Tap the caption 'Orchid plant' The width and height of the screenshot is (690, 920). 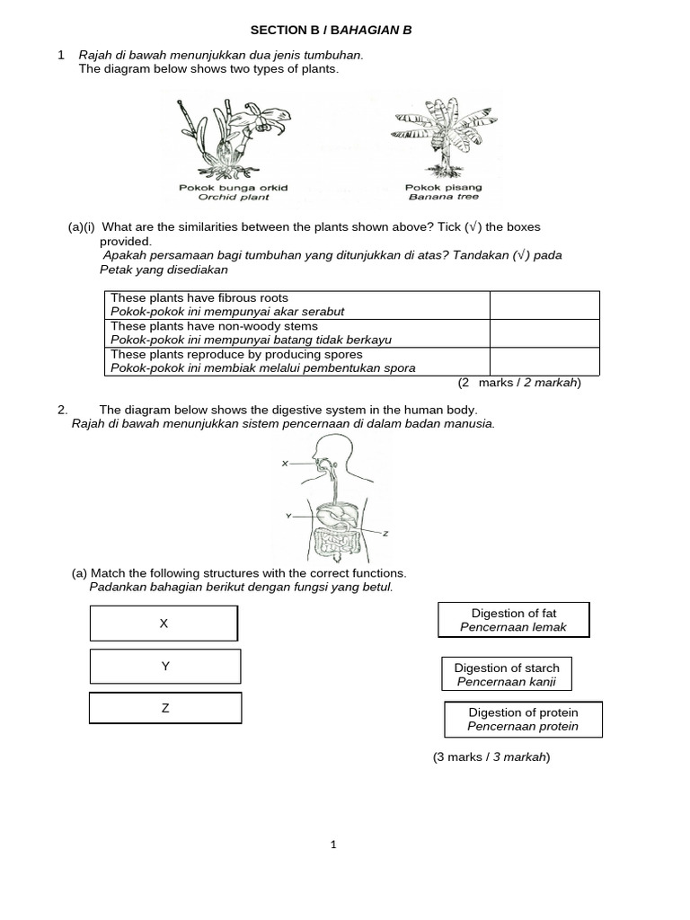233,197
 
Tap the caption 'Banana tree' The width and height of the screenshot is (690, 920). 444,197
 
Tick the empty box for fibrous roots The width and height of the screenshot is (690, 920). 544,305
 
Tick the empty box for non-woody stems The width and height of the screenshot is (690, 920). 544,332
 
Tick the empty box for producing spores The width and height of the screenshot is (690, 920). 544,360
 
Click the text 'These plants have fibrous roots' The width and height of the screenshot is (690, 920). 199,297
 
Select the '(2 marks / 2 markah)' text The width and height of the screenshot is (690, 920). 519,383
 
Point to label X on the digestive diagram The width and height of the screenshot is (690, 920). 284,464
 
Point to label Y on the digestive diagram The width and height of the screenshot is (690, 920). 287,516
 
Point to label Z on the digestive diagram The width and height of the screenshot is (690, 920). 385,534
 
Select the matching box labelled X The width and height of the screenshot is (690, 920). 164,623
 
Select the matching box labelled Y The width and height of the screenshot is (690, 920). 165,666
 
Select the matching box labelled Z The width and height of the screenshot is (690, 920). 165,708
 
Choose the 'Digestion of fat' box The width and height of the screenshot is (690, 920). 514,620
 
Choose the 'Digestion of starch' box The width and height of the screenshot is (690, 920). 507,675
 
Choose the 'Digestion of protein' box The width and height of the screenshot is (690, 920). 523,719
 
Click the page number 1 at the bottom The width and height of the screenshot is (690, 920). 333,845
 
